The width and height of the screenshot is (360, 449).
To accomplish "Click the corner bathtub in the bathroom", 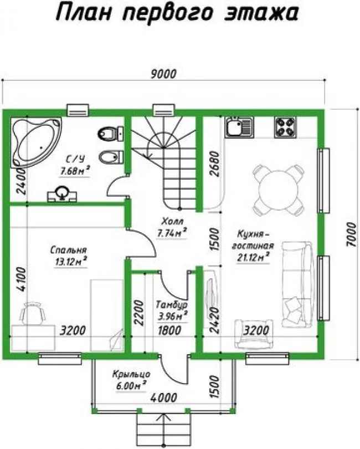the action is [x=36, y=142].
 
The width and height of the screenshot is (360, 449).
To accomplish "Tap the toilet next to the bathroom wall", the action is [x=111, y=133].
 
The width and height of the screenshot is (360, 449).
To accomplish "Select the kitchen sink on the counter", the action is [x=239, y=127].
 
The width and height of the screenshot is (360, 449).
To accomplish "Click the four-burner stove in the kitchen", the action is [x=285, y=127].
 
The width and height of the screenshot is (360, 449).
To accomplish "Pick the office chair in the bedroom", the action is [x=33, y=313].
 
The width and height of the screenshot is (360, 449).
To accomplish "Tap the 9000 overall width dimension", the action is [x=163, y=74].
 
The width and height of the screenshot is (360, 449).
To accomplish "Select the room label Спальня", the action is [x=68, y=250].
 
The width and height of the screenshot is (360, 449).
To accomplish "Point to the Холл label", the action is [x=172, y=221].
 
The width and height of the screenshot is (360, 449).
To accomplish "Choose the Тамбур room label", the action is [x=172, y=305].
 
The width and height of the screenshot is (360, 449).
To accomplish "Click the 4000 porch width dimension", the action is [x=164, y=398].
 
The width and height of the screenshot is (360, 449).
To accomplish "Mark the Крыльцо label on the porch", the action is [x=131, y=374].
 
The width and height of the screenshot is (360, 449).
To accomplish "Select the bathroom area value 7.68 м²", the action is [x=74, y=171].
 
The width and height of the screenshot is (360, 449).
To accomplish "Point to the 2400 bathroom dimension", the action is [x=21, y=181].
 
